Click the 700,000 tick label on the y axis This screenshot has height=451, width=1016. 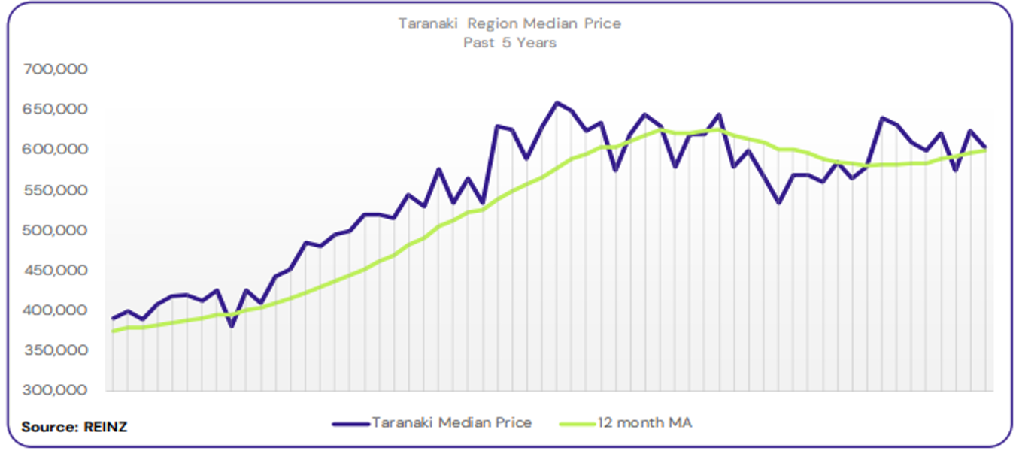[56, 69]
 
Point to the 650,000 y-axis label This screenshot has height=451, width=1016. [56, 110]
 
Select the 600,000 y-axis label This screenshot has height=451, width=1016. [56, 150]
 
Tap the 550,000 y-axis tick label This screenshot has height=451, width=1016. [56, 190]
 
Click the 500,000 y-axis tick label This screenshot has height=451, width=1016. [56, 230]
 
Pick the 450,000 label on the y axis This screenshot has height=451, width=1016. [56, 271]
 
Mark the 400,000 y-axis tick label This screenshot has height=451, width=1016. [56, 310]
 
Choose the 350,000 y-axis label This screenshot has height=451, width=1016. [56, 350]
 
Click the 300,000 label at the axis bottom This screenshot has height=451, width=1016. [56, 391]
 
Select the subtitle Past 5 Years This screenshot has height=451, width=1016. [510, 43]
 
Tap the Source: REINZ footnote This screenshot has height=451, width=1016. [74, 427]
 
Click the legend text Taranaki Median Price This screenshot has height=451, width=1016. [451, 423]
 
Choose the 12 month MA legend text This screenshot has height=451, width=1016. [644, 423]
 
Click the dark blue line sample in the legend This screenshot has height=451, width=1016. [351, 424]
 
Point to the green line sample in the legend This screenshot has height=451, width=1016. [578, 424]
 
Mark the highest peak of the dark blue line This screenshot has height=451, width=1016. [557, 103]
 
